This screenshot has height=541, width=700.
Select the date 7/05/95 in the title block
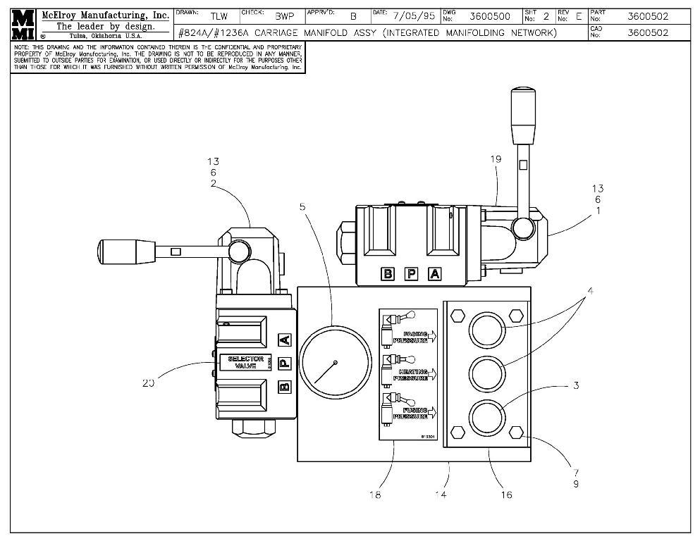(x=412, y=16)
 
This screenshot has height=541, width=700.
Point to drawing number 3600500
(x=489, y=16)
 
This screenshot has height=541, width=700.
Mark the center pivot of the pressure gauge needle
(x=336, y=363)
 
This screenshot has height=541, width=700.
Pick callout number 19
(x=496, y=159)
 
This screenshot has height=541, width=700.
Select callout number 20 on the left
(x=148, y=383)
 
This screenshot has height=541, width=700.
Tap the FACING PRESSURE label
(x=416, y=337)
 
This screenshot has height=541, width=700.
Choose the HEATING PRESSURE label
(x=415, y=374)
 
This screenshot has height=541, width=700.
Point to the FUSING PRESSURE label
(x=416, y=413)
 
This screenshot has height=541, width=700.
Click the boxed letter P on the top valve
(x=411, y=274)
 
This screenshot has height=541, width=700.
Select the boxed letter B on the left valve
(x=284, y=386)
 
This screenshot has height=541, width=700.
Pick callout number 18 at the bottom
(x=374, y=495)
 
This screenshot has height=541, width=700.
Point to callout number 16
(x=506, y=495)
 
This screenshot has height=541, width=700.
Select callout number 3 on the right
(x=576, y=385)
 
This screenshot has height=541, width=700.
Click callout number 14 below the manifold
(x=441, y=495)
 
